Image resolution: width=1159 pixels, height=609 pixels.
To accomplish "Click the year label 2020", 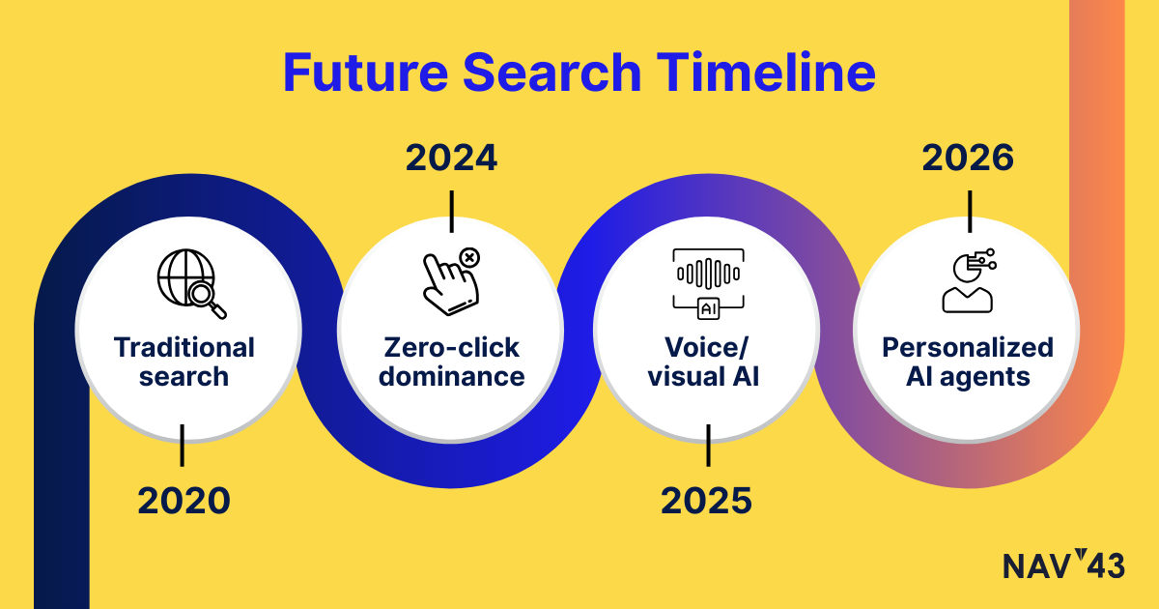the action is coord(184,501).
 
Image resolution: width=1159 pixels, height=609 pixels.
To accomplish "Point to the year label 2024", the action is coord(451,158).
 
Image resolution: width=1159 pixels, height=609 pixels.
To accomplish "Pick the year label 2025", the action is coord(706,501).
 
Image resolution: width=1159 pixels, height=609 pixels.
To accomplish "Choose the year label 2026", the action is coord(968,158).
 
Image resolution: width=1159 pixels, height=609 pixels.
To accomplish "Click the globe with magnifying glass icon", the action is coord(191,284).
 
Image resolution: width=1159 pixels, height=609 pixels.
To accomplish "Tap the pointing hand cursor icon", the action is coord(451,281).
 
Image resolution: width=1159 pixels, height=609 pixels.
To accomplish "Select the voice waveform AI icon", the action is coord(708,284).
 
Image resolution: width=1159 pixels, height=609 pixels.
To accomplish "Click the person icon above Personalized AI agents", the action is coord(969,280).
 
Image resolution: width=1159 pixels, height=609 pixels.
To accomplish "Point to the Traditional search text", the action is coord(184,362).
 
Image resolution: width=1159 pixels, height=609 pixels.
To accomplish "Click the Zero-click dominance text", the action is coord(451,362).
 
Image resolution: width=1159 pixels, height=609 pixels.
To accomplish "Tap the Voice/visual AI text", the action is coord(705,362).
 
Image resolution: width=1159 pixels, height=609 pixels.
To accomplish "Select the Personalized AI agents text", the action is coord(968,362).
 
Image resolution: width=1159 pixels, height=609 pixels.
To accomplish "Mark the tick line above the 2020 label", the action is coord(183,446).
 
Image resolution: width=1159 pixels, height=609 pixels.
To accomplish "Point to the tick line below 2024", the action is coord(452,212).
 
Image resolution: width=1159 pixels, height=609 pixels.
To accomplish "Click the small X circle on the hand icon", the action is coord(469,257).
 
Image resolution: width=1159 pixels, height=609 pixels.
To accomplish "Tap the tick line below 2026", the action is coord(970,212).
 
